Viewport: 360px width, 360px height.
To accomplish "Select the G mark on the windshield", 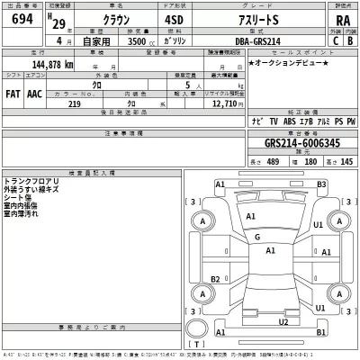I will coord(257,238).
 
